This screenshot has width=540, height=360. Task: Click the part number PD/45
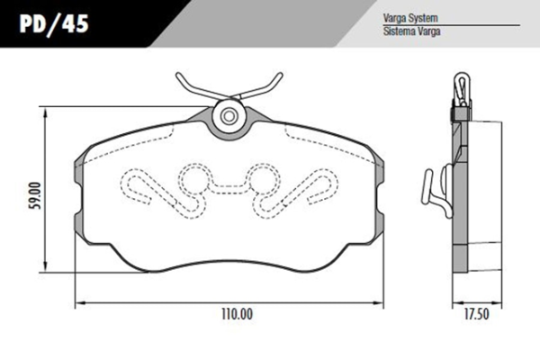[x=54, y=23]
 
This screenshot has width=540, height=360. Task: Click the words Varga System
[x=410, y=18]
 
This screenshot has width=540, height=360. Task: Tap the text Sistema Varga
[x=412, y=31]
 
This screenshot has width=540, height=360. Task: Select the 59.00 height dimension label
[x=36, y=195]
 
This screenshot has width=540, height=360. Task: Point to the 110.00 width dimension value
[x=237, y=314]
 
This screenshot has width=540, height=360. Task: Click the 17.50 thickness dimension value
[x=476, y=314]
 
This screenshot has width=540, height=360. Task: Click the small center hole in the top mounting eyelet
[x=229, y=116]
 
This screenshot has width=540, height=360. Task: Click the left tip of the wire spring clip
[x=177, y=75]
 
